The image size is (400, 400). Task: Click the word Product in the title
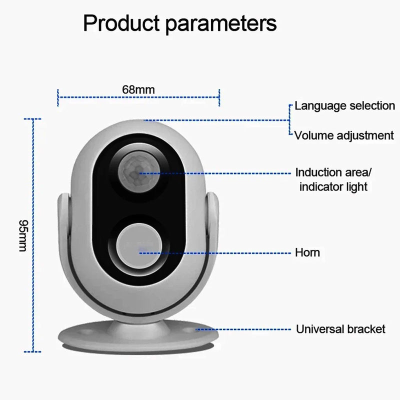(116, 23)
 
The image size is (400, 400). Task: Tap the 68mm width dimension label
(138, 89)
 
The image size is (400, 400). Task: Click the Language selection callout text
(344, 106)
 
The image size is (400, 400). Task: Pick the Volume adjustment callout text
(344, 135)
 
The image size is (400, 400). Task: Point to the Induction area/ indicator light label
(333, 180)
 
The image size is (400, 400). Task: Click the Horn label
(307, 252)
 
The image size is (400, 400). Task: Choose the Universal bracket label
(340, 329)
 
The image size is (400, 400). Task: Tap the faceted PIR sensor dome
(138, 172)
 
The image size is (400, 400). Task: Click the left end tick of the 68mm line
(58, 97)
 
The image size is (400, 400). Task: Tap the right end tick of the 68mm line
(219, 97)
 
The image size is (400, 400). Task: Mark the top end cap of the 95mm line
(33, 119)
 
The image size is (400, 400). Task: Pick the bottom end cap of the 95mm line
(33, 351)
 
